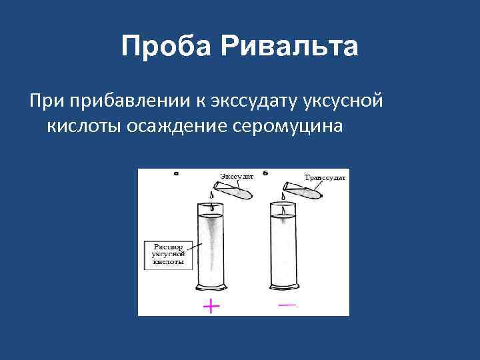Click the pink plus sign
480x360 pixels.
coord(211,306)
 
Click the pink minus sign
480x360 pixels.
coord(287,305)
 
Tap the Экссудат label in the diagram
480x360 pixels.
coord(236,177)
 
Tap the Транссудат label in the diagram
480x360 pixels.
coord(325,178)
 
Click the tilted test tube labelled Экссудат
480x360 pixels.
coord(234,191)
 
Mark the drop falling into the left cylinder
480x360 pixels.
coord(212,196)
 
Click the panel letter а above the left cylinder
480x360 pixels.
coord(175,173)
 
